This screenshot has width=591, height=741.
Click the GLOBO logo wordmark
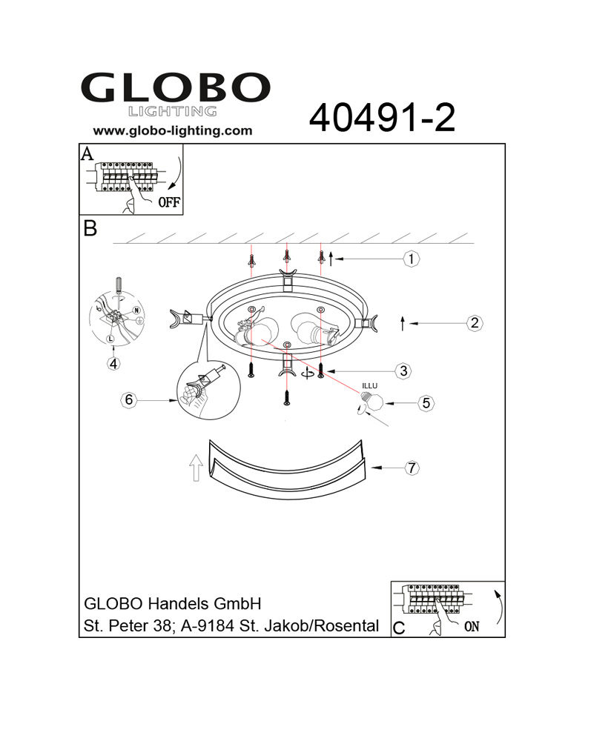(x=176, y=87)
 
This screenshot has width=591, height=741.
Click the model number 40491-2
(x=382, y=118)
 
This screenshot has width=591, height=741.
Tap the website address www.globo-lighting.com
(x=173, y=131)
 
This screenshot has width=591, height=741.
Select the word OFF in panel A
(x=169, y=202)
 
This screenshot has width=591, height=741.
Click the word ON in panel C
(x=472, y=627)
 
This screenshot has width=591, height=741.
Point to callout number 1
(x=412, y=259)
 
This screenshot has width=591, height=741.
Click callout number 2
(x=475, y=323)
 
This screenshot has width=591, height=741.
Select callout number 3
(x=403, y=371)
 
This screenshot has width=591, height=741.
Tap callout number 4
(x=113, y=363)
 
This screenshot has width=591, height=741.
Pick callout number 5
(x=426, y=403)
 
